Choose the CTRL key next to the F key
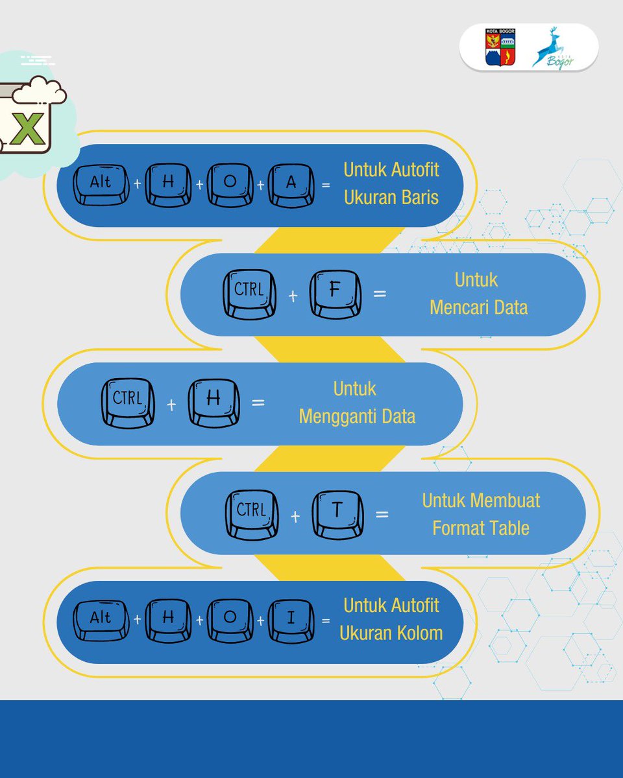249,294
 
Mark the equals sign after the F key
379,294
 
